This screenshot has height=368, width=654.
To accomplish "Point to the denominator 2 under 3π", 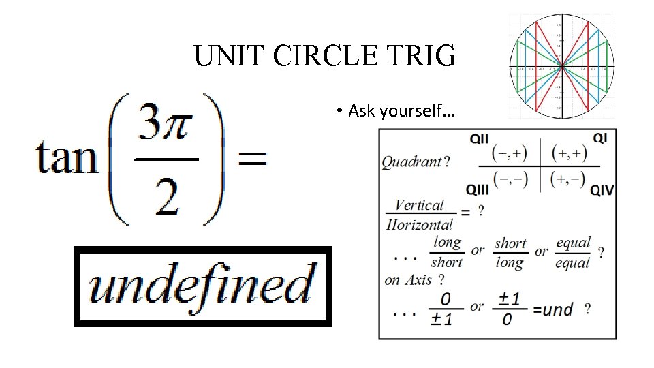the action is (x=166, y=198).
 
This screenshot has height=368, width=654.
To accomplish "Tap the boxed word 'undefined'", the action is (x=202, y=286).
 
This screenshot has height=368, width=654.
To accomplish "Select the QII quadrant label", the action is (x=479, y=139).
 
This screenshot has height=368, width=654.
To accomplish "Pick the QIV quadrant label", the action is (x=602, y=189).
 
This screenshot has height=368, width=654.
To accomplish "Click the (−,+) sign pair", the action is (x=510, y=153).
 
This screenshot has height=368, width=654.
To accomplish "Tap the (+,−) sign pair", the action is (x=569, y=179).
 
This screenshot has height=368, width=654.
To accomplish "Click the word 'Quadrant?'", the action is (x=416, y=162).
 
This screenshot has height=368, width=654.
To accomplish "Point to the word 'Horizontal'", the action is (x=419, y=224).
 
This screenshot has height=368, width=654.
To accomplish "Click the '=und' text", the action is (x=552, y=310).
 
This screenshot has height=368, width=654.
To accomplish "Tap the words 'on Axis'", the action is (x=409, y=279).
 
